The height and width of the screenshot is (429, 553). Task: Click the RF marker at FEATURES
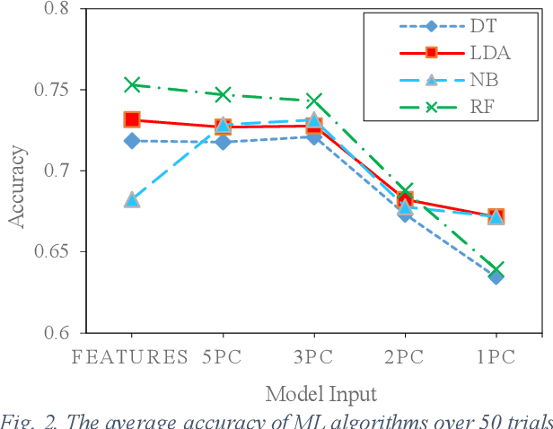pos(132,84)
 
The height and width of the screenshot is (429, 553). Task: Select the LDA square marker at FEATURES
pos(132,119)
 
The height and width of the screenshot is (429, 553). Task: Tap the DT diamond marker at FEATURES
pos(132,141)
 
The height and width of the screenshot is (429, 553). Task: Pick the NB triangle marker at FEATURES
pos(132,199)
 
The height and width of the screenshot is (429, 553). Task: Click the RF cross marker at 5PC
pos(223,94)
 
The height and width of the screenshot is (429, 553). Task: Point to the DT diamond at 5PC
pos(223,142)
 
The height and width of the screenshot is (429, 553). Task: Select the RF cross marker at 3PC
pos(313,101)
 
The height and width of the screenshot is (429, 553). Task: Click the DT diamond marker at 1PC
pos(496,276)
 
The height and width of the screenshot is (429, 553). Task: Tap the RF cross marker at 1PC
pos(496,268)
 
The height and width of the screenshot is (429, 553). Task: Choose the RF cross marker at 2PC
pos(405,191)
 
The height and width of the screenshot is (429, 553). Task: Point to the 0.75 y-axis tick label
pos(49,90)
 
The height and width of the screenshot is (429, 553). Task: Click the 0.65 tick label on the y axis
pos(49,251)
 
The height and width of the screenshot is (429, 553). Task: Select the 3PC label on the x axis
pos(313,355)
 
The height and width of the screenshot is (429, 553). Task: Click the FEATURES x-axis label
pos(132,355)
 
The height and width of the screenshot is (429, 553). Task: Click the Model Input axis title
pos(320,393)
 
